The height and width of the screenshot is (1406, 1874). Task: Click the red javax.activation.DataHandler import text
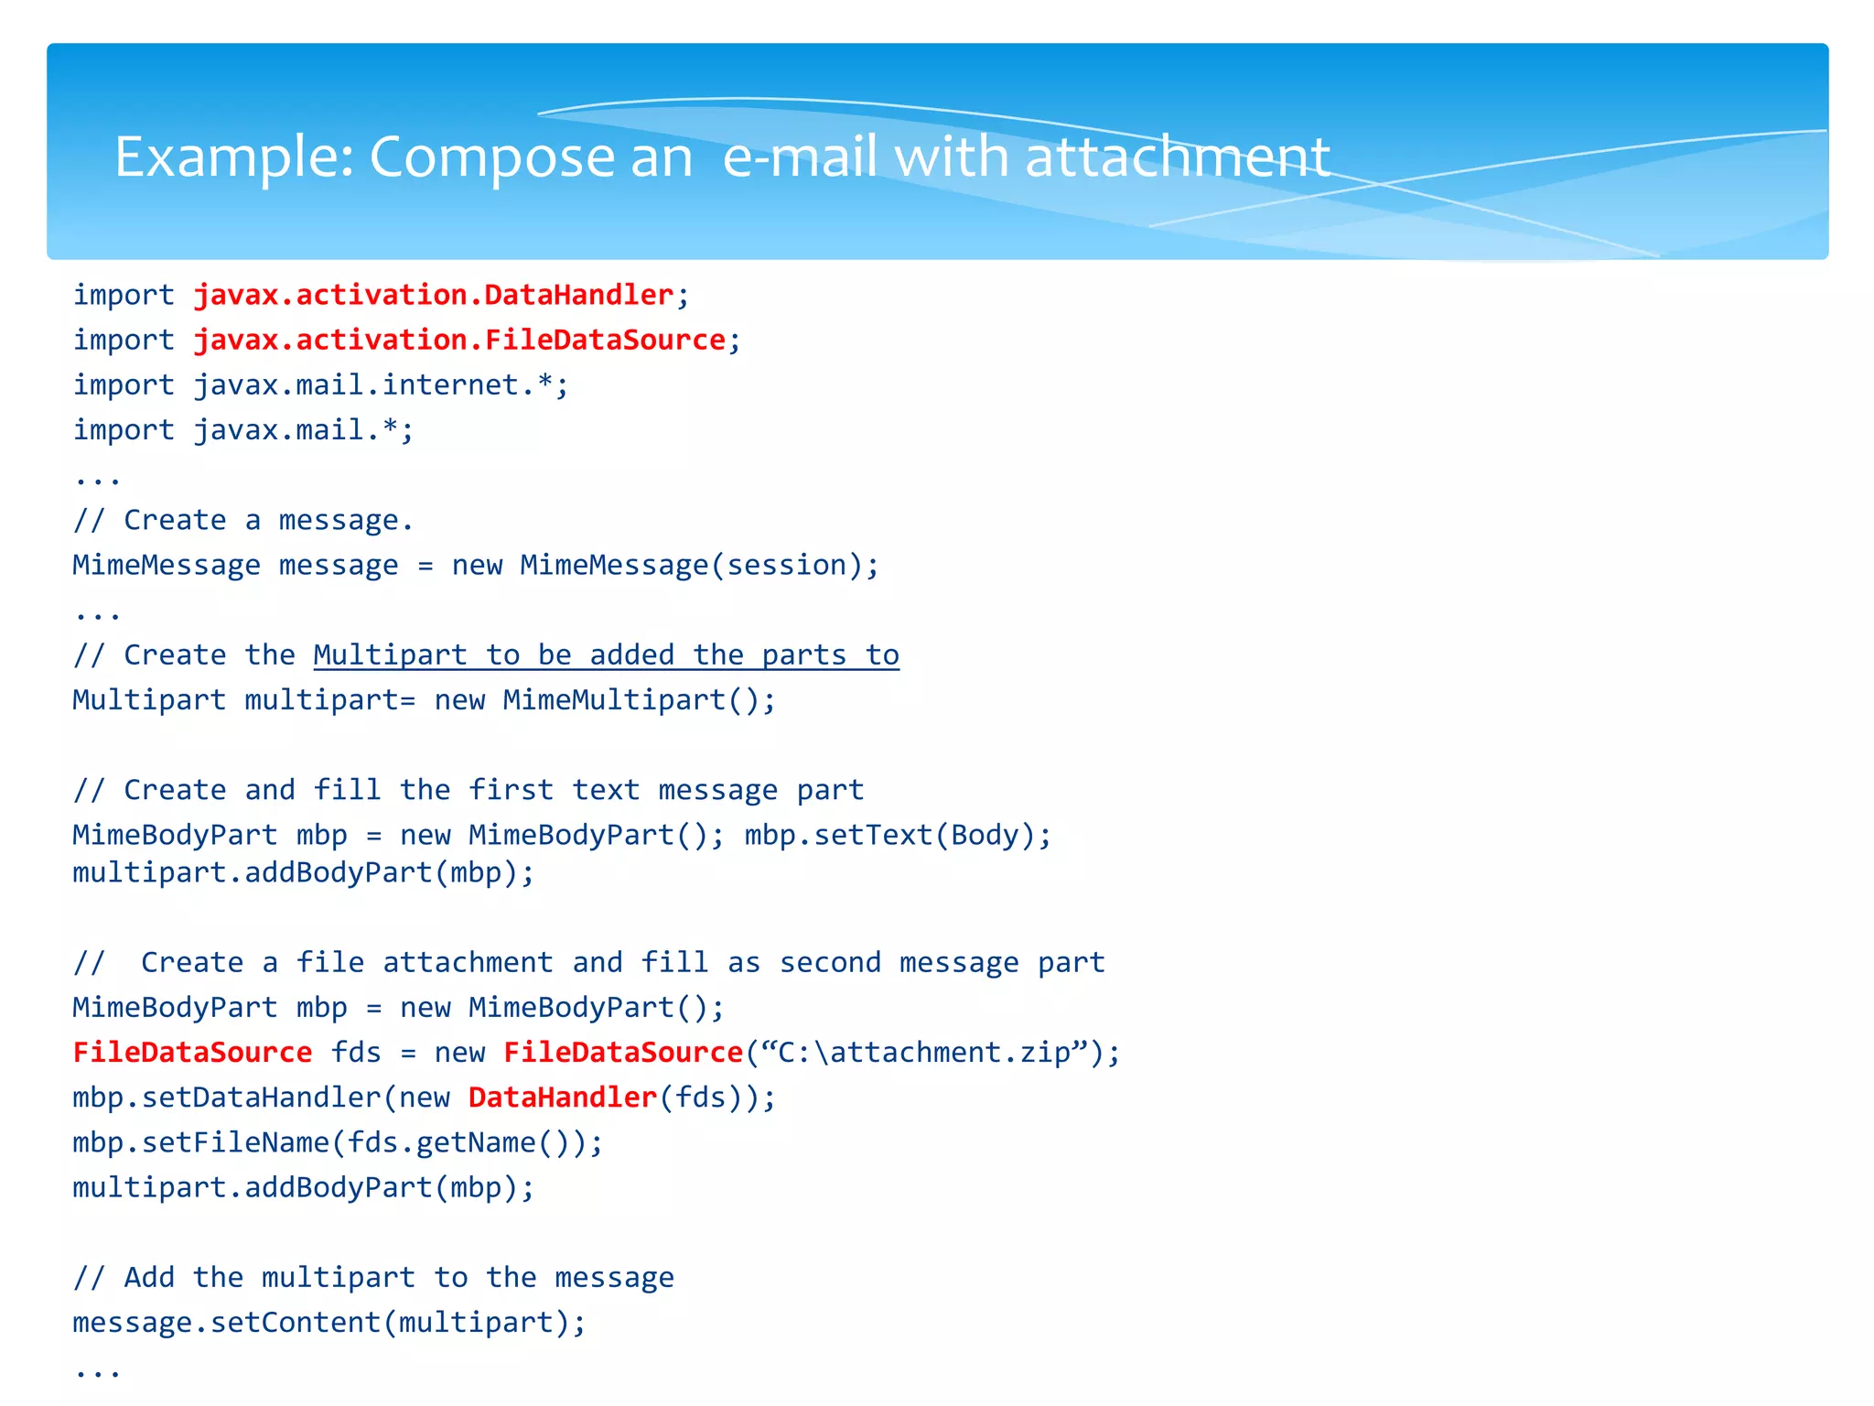(x=434, y=295)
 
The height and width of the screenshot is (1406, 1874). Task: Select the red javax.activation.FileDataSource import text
(x=459, y=340)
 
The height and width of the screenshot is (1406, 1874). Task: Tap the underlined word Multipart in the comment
(x=390, y=654)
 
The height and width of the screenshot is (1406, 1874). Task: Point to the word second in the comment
(x=830, y=962)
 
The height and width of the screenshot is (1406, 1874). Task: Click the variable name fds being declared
(x=356, y=1053)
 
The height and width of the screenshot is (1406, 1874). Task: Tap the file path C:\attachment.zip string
(x=924, y=1053)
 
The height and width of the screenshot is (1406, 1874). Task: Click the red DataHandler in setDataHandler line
(x=563, y=1098)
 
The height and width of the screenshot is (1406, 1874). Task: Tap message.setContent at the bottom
(x=227, y=1322)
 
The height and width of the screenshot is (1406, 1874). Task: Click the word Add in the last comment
(x=149, y=1277)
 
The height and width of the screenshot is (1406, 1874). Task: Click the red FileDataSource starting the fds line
(x=192, y=1053)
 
